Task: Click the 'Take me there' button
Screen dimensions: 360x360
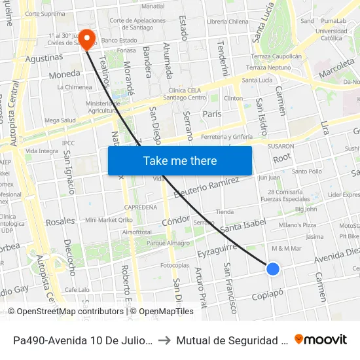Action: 180,160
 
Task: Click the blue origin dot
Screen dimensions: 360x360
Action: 273,268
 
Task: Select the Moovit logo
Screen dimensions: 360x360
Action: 321,339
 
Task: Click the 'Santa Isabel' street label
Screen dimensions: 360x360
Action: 243,225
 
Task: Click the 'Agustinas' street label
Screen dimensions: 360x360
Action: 44,58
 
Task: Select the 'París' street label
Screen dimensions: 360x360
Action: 212,113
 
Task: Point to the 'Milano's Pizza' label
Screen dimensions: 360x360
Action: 298,225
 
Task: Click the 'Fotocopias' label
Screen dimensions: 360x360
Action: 174,266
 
